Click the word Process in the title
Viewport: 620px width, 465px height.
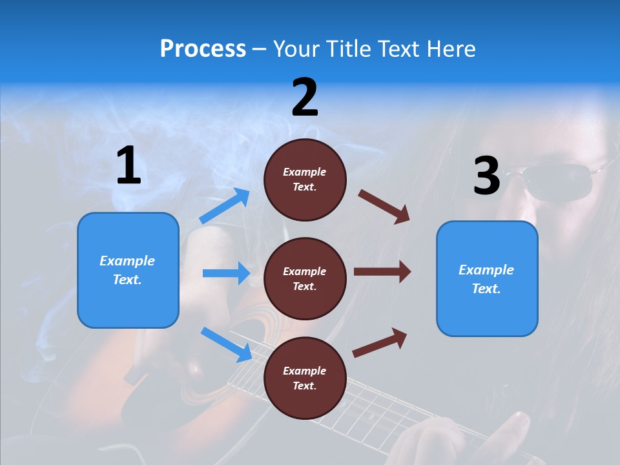coord(203,49)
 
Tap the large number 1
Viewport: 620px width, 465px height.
coord(129,166)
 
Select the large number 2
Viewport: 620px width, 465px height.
coord(305,98)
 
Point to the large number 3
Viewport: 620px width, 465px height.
coord(486,176)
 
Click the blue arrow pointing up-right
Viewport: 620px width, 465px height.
coord(225,206)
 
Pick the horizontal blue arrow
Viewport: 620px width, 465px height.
coord(226,273)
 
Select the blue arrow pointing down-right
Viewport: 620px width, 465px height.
coord(227,344)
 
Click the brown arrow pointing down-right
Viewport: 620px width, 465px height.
coord(384,206)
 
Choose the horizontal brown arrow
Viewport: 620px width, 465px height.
coord(382,271)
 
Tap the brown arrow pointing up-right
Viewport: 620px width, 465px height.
coord(380,342)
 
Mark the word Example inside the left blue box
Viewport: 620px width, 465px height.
coord(127,261)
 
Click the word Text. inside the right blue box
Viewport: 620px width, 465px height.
coord(486,289)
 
